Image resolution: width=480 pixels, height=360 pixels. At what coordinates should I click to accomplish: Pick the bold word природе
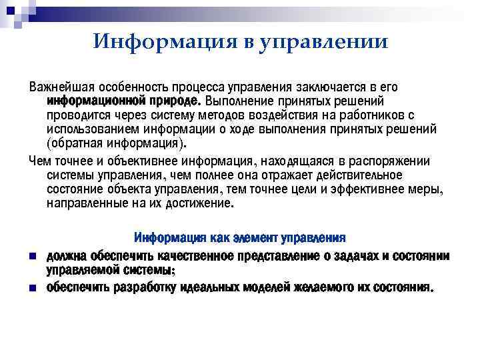point(174,101)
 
